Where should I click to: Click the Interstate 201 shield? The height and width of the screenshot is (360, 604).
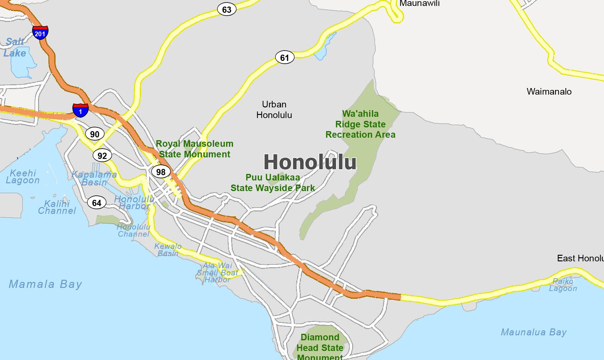(x=40, y=32)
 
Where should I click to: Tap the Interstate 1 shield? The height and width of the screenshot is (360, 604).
(x=80, y=111)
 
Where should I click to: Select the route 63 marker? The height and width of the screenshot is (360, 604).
(x=226, y=9)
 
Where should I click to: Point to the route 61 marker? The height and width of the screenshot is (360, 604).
(x=285, y=57)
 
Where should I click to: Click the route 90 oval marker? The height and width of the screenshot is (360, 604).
(x=95, y=134)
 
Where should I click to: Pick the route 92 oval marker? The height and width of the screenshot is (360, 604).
(x=102, y=155)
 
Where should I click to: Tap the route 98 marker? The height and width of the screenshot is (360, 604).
(x=161, y=172)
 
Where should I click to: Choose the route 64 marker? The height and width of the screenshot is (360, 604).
(x=96, y=203)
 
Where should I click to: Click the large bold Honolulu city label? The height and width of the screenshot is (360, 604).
(x=310, y=162)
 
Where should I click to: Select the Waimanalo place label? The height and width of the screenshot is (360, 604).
(x=549, y=91)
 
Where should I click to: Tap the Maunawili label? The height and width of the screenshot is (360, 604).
(x=419, y=3)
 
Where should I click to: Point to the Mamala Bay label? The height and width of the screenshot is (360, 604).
(x=46, y=284)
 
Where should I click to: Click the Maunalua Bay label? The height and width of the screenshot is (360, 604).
(x=533, y=332)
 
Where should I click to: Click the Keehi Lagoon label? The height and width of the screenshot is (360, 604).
(x=23, y=177)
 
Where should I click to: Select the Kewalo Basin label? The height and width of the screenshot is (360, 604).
(x=168, y=250)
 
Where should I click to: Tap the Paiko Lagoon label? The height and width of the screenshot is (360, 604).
(x=563, y=285)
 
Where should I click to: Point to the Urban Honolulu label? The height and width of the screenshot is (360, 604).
(x=274, y=110)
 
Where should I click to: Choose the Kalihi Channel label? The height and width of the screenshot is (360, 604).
(x=57, y=207)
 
